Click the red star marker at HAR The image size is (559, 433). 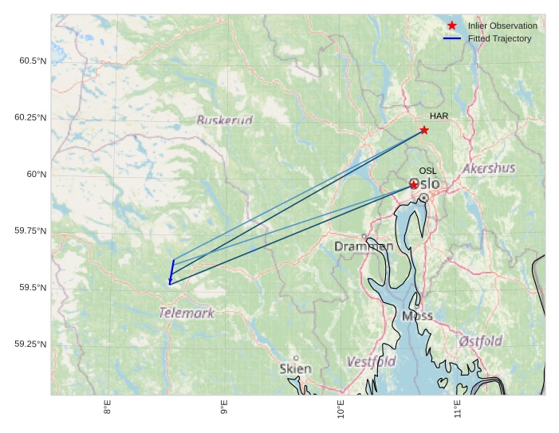click(x=424, y=130)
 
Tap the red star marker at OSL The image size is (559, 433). click(x=414, y=185)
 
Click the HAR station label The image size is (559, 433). click(x=439, y=116)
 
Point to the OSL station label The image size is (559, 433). click(x=427, y=171)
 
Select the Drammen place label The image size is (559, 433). click(x=364, y=246)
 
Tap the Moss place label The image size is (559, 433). click(x=417, y=316)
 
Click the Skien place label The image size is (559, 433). click(x=295, y=368)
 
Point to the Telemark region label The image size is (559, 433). click(x=187, y=313)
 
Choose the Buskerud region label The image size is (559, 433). click(x=224, y=120)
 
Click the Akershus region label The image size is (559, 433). click(x=489, y=168)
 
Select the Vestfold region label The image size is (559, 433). click(x=371, y=362)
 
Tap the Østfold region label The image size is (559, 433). click(x=481, y=341)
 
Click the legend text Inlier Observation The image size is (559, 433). click(x=502, y=26)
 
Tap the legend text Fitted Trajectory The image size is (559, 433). click(x=499, y=38)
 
